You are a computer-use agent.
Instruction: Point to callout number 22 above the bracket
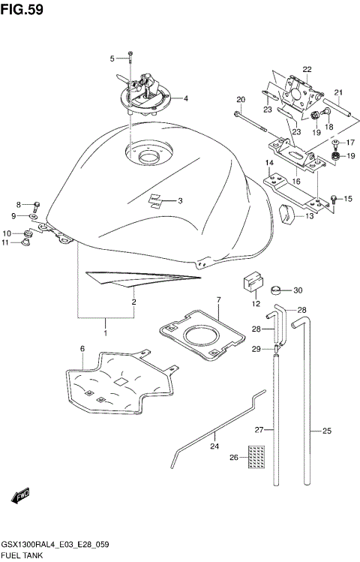pyautogui.click(x=306, y=70)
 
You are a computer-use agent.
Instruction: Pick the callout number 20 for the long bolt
pyautogui.click(x=241, y=100)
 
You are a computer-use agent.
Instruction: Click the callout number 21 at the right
pyautogui.click(x=339, y=93)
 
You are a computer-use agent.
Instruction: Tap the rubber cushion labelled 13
pyautogui.click(x=287, y=215)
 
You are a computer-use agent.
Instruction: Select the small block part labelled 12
pyautogui.click(x=250, y=284)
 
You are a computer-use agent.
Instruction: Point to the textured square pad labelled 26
pyautogui.click(x=257, y=455)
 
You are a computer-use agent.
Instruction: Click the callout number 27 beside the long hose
pyautogui.click(x=259, y=430)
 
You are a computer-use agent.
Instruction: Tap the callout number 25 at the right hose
pyautogui.click(x=326, y=431)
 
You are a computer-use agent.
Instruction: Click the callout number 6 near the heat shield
pyautogui.click(x=82, y=348)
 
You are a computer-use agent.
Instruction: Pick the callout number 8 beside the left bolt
pyautogui.click(x=19, y=204)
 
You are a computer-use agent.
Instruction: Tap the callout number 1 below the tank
pyautogui.click(x=106, y=331)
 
